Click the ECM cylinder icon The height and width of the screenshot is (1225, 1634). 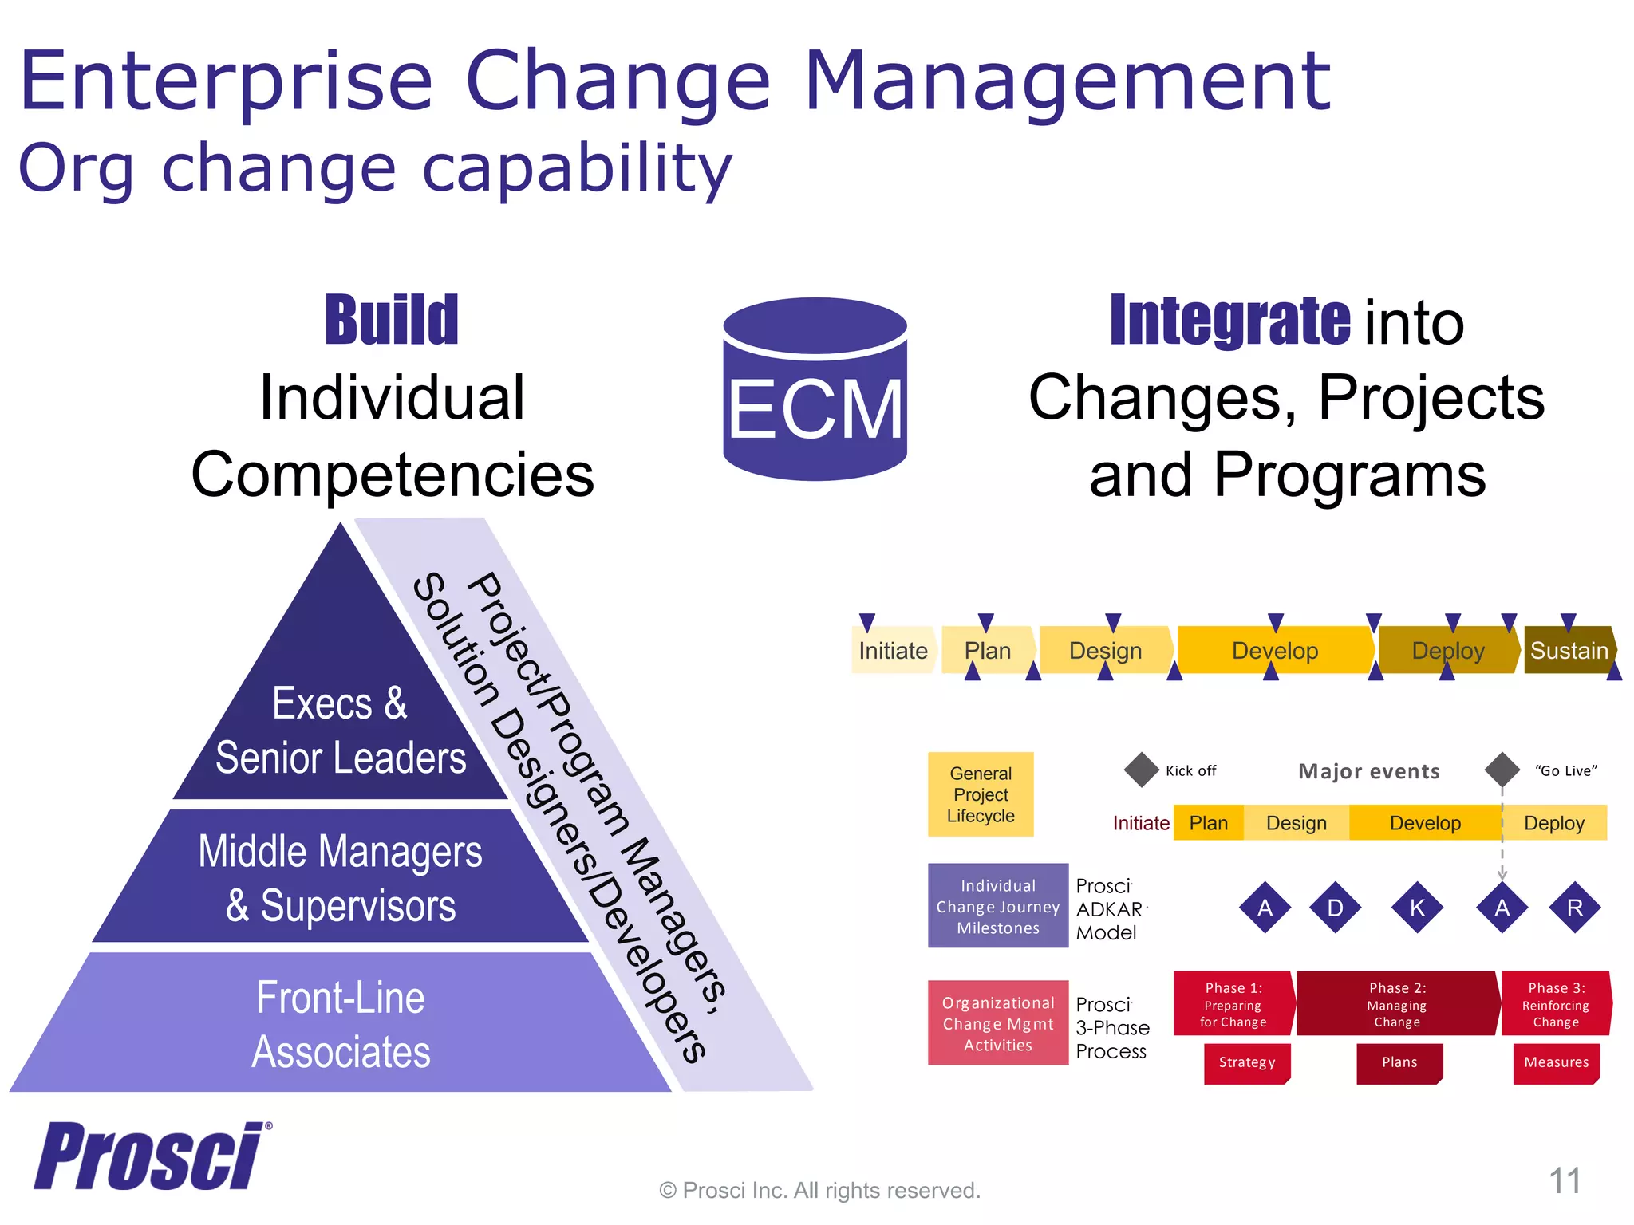pos(815,391)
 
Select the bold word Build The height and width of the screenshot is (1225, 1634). pos(392,321)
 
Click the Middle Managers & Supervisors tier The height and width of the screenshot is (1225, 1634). pos(341,877)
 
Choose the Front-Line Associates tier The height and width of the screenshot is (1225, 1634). pos(341,1024)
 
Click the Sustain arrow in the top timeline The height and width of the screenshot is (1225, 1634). pos(1569,650)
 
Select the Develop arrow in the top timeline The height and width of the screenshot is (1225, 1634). pos(1274,650)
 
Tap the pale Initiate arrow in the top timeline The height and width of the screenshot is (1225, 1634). pos(893,650)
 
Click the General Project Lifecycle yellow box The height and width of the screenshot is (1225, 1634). pos(981,794)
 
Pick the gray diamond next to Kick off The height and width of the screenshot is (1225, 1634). pos(1141,770)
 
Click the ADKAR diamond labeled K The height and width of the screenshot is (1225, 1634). pos(1417,908)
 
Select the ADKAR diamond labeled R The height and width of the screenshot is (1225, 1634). pos(1574,908)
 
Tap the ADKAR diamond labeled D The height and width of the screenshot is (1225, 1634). pos(1335,908)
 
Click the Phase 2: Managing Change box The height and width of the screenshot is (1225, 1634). pos(1396,1004)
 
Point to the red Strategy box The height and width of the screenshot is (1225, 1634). pos(1246,1062)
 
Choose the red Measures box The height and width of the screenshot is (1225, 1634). pos(1556,1062)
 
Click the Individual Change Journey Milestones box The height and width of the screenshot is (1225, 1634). pos(997,906)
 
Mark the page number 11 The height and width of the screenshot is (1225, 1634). pos(1565,1180)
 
